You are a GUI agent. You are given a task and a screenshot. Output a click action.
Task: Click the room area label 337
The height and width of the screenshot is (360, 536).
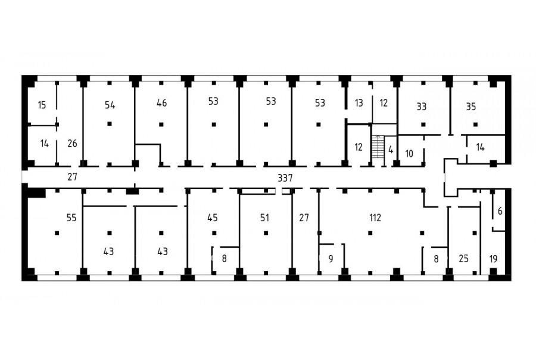click(x=285, y=178)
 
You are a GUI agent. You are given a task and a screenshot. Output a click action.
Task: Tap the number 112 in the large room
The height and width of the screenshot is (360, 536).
click(x=375, y=218)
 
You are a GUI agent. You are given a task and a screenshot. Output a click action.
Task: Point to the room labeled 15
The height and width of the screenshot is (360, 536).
click(x=42, y=105)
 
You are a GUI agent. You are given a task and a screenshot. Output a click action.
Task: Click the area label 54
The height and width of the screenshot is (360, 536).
click(x=110, y=105)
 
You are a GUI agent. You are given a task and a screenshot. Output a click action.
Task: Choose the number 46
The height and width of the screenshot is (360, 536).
click(x=161, y=103)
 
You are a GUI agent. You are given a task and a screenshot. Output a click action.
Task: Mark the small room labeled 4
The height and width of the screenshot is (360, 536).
click(x=391, y=150)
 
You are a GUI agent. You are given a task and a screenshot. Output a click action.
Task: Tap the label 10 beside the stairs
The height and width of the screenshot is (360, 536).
click(x=409, y=154)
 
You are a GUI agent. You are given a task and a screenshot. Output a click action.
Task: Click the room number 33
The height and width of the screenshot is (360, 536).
click(x=422, y=107)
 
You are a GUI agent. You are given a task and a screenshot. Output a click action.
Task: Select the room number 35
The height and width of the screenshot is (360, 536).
click(x=471, y=107)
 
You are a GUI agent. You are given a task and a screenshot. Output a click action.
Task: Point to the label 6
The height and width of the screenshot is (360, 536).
click(x=500, y=212)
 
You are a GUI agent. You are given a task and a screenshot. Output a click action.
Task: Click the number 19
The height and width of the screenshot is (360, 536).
click(x=493, y=259)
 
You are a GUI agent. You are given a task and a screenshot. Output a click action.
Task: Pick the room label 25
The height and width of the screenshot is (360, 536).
click(x=463, y=259)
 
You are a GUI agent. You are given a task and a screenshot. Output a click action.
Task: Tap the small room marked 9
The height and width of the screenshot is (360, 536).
click(x=331, y=259)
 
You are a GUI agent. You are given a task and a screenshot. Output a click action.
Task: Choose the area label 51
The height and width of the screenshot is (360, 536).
click(x=264, y=218)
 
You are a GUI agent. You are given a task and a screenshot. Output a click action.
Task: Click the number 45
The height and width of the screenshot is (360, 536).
click(x=212, y=218)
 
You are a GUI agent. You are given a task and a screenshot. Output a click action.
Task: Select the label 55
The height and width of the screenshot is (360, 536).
click(x=71, y=218)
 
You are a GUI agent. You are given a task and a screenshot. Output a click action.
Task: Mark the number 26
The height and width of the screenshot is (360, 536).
click(x=72, y=144)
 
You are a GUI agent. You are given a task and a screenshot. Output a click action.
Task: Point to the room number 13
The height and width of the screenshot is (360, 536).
click(x=359, y=103)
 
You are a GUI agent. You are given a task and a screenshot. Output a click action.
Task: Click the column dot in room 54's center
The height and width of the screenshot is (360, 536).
click(x=110, y=123)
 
